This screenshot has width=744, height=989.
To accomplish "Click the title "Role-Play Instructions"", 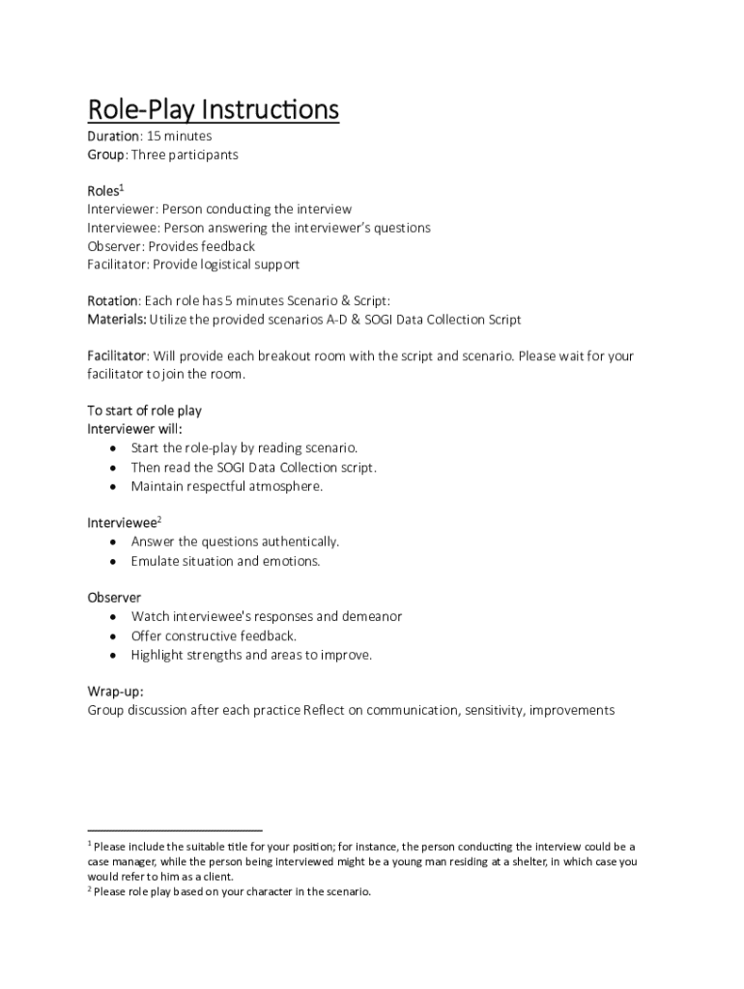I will [x=214, y=110].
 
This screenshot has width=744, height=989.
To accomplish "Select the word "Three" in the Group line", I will [x=150, y=155].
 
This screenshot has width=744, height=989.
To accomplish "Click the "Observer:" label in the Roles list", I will [x=116, y=246].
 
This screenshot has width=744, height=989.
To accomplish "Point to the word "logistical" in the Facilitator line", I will [x=222, y=264].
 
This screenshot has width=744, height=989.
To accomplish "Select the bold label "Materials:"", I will [x=117, y=320].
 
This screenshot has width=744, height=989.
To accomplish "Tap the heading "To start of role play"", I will [x=145, y=410].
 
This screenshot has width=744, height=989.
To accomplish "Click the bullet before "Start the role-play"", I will [x=115, y=449].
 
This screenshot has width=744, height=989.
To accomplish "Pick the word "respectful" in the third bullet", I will [x=220, y=486].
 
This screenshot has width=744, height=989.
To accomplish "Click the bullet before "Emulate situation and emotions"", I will [x=115, y=561].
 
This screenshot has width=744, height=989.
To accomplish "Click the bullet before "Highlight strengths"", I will [x=115, y=655].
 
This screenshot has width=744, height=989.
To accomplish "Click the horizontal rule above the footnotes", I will [x=175, y=830].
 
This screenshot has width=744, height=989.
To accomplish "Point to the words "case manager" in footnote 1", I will [x=119, y=862].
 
